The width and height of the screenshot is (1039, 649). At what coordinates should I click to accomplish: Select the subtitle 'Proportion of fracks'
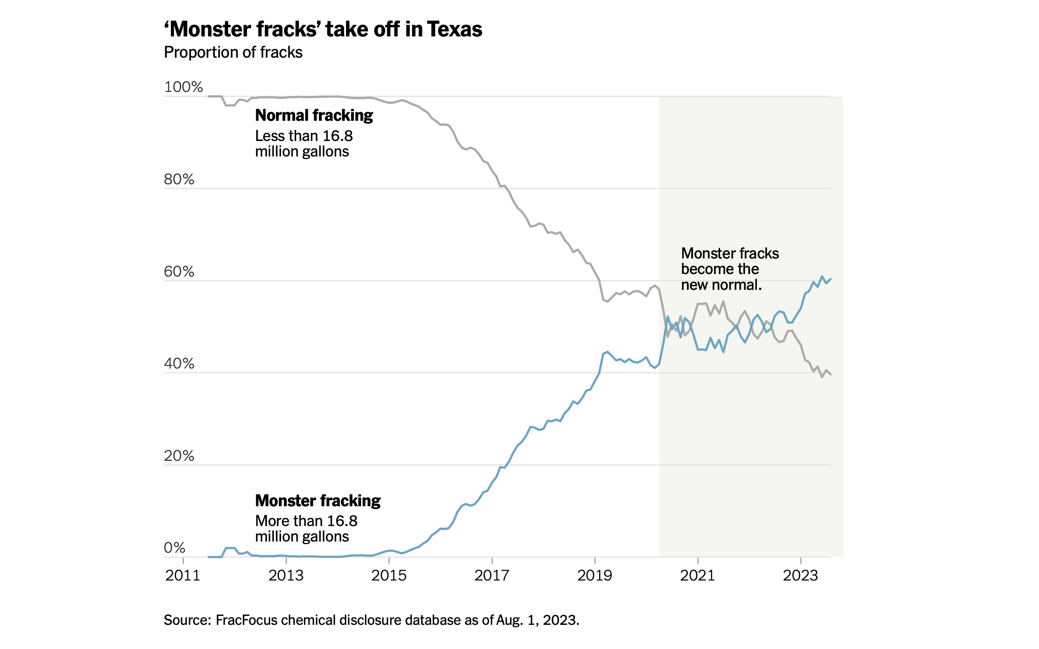pyautogui.click(x=233, y=52)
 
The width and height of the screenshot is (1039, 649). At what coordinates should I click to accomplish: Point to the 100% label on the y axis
pyautogui.click(x=183, y=87)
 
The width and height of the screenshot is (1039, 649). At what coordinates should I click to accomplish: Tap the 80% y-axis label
pyautogui.click(x=179, y=180)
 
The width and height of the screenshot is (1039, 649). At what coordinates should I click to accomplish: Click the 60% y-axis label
pyautogui.click(x=179, y=272)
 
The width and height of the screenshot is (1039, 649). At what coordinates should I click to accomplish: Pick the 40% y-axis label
pyautogui.click(x=179, y=363)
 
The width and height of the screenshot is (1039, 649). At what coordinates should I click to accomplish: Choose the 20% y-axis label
pyautogui.click(x=179, y=456)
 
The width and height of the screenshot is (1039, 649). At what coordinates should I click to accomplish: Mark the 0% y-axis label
pyautogui.click(x=175, y=548)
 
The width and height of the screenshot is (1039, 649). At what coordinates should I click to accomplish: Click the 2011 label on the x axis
pyautogui.click(x=183, y=575)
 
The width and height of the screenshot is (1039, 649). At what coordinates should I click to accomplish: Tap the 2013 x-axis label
pyautogui.click(x=286, y=575)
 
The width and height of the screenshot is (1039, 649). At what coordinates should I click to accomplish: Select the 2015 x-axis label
pyautogui.click(x=389, y=575)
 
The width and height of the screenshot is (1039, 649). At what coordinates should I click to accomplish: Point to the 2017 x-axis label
pyautogui.click(x=492, y=575)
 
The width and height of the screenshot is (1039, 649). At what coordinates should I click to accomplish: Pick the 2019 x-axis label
pyautogui.click(x=595, y=575)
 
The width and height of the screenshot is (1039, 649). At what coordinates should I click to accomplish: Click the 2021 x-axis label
pyautogui.click(x=697, y=575)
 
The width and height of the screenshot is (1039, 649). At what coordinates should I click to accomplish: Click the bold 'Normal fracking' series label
pyautogui.click(x=314, y=115)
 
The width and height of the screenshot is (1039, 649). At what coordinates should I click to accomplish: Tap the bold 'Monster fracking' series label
pyautogui.click(x=318, y=501)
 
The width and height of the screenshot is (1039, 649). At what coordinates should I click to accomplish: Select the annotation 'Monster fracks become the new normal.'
pyautogui.click(x=729, y=269)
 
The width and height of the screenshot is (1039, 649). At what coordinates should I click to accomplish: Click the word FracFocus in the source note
pyautogui.click(x=246, y=620)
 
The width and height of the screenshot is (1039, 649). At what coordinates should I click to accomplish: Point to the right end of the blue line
pyautogui.click(x=830, y=279)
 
